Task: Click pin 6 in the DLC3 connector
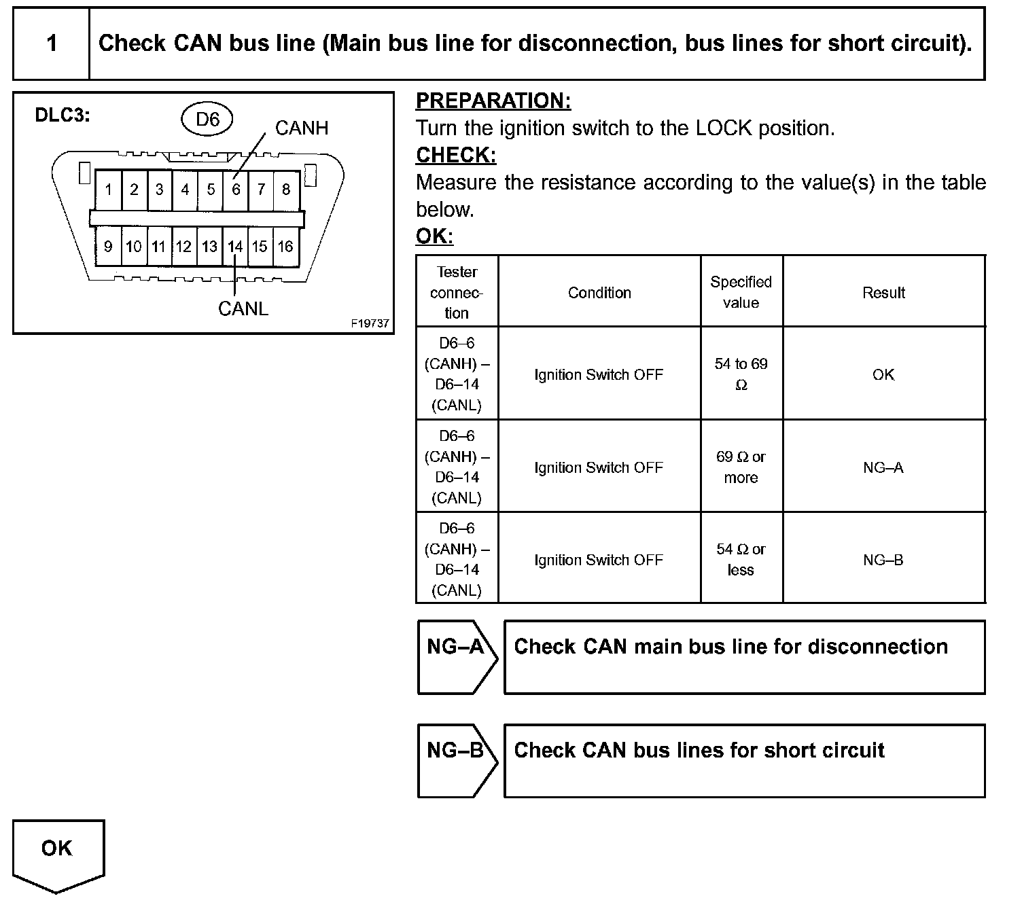click(x=236, y=190)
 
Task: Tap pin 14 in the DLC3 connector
click(x=235, y=247)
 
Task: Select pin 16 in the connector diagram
click(x=285, y=247)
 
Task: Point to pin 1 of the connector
click(x=108, y=190)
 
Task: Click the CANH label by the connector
click(x=301, y=128)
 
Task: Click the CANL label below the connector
click(x=243, y=309)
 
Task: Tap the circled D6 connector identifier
click(x=207, y=120)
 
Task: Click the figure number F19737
click(x=370, y=324)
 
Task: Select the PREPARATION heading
click(x=493, y=101)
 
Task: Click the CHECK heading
click(x=456, y=156)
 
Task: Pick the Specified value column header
click(x=741, y=292)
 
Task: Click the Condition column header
click(x=599, y=293)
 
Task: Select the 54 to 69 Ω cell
click(x=741, y=374)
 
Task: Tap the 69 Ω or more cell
click(x=741, y=467)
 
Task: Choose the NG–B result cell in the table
click(x=883, y=560)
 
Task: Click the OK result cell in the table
click(x=883, y=374)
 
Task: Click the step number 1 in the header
click(x=52, y=44)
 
